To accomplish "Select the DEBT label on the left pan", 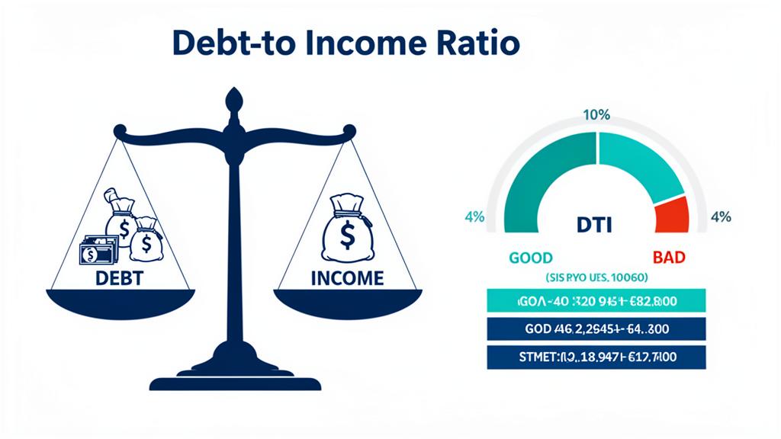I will pyautogui.click(x=119, y=278).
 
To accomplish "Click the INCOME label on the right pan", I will pyautogui.click(x=347, y=278).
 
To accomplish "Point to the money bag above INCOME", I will pyautogui.click(x=346, y=229).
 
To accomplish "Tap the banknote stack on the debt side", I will pyautogui.click(x=98, y=249).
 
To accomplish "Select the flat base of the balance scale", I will pyautogui.click(x=235, y=382).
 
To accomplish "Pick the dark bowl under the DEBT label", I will pyautogui.click(x=120, y=303).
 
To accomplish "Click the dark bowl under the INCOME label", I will pyautogui.click(x=347, y=303).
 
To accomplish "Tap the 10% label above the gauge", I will pyautogui.click(x=596, y=116).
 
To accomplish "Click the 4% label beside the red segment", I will pyautogui.click(x=720, y=217).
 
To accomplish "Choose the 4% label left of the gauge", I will pyautogui.click(x=474, y=217).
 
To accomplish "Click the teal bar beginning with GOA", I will pyautogui.click(x=596, y=302).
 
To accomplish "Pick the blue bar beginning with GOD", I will pyautogui.click(x=596, y=330).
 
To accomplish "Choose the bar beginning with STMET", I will pyautogui.click(x=596, y=357).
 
